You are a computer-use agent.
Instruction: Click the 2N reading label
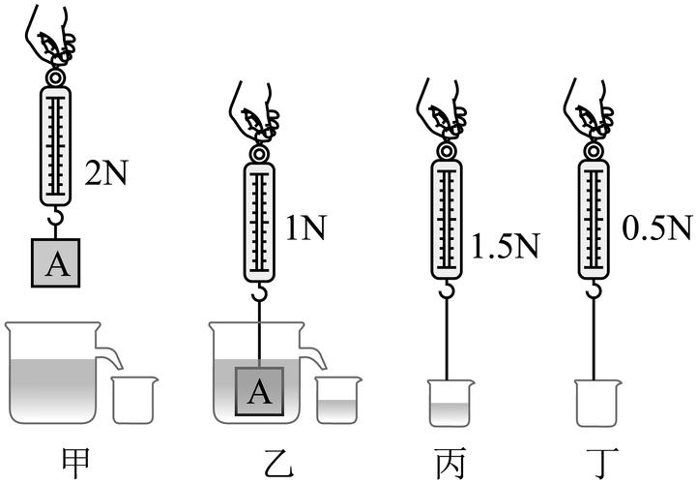pyautogui.click(x=105, y=172)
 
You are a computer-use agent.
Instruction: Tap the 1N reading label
pyautogui.click(x=305, y=227)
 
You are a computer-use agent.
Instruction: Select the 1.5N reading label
pyautogui.click(x=505, y=245)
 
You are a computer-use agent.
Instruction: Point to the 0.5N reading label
pyautogui.click(x=657, y=227)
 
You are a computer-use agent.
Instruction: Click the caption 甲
pyautogui.click(x=76, y=463)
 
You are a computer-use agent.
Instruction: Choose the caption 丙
pyautogui.click(x=450, y=463)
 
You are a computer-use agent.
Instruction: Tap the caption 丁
pyautogui.click(x=600, y=463)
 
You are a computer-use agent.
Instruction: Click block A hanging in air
pyautogui.click(x=55, y=262)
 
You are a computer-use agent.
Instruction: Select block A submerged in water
pyautogui.click(x=259, y=391)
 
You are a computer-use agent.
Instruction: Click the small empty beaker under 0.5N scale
pyautogui.click(x=597, y=403)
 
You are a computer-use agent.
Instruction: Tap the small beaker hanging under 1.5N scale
pyautogui.click(x=450, y=403)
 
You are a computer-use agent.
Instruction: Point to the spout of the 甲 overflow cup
pyautogui.click(x=109, y=355)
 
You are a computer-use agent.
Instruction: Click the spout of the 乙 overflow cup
pyautogui.click(x=313, y=355)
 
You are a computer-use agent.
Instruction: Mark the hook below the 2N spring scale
pyautogui.click(x=55, y=217)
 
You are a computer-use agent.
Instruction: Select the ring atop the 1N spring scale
pyautogui.click(x=259, y=154)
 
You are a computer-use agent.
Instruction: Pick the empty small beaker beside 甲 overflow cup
pyautogui.click(x=134, y=400)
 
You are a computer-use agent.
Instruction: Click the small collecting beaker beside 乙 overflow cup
pyautogui.click(x=338, y=400)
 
